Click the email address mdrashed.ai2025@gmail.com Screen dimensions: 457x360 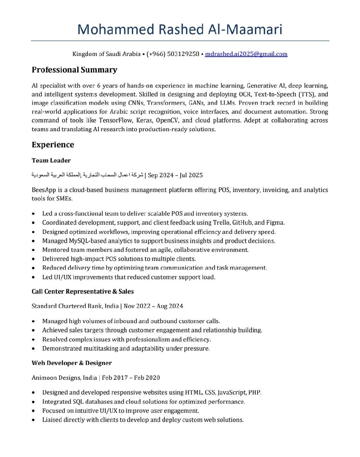(246, 54)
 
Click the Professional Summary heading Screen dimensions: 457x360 (74, 70)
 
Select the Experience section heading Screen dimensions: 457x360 (53, 145)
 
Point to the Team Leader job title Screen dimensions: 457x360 (51, 160)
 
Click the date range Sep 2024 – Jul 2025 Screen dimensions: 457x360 (175, 175)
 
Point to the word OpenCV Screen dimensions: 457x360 (168, 120)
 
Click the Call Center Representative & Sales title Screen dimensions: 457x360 (83, 291)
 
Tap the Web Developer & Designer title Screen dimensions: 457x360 (72, 363)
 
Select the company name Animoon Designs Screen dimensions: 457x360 (56, 378)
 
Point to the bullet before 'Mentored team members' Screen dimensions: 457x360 (33, 250)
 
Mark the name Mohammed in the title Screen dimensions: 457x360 (116, 30)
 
